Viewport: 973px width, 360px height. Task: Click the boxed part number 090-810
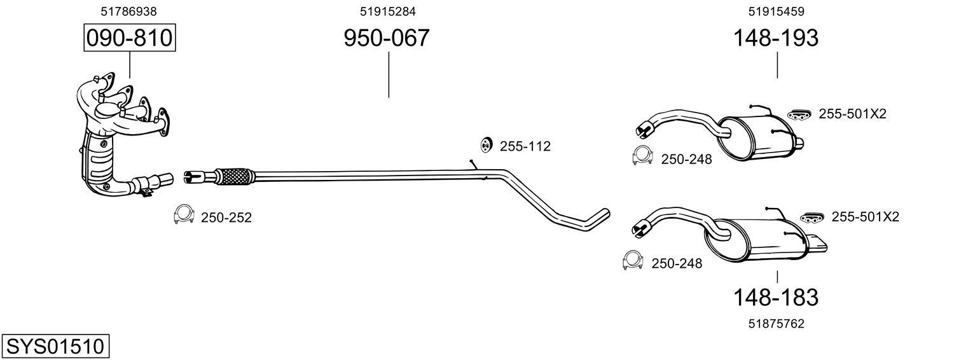point(129,38)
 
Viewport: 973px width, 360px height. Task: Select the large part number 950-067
point(387,38)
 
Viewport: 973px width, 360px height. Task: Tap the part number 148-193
point(776,38)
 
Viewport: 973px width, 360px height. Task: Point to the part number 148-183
point(776,297)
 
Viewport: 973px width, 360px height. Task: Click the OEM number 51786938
point(129,11)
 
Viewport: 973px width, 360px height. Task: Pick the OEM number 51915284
point(388,11)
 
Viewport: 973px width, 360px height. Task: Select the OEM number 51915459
point(776,11)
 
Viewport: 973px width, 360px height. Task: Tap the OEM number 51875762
point(776,324)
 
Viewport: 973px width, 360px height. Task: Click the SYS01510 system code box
point(55,347)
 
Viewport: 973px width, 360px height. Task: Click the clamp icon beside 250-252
point(184,216)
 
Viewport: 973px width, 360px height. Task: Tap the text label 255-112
point(525,146)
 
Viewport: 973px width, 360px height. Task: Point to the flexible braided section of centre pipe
point(235,176)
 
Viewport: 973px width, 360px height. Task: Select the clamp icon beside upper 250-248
point(643,156)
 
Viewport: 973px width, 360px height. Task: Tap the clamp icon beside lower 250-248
point(633,260)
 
